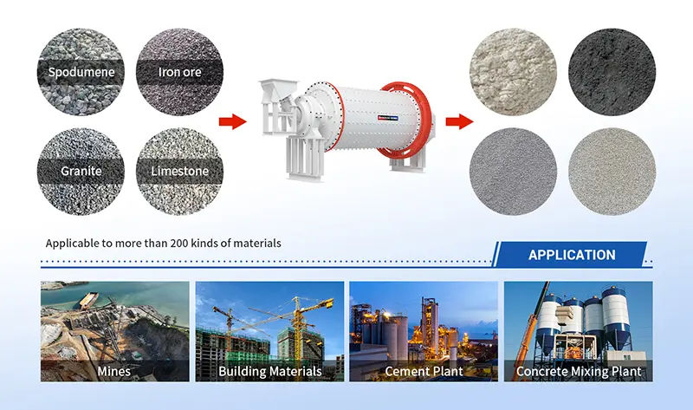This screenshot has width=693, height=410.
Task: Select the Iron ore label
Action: pos(180,72)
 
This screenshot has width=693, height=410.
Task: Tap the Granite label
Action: pos(81,172)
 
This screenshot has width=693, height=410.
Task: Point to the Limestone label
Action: pos(180,172)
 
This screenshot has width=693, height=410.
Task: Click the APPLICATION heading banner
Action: pos(572,255)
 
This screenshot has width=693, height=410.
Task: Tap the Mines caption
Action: pos(114,371)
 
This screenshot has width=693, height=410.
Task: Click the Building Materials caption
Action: pos(270,371)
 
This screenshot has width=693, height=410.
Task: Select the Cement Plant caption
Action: pos(424,371)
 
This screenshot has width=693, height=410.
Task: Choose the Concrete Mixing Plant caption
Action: pos(579,371)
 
